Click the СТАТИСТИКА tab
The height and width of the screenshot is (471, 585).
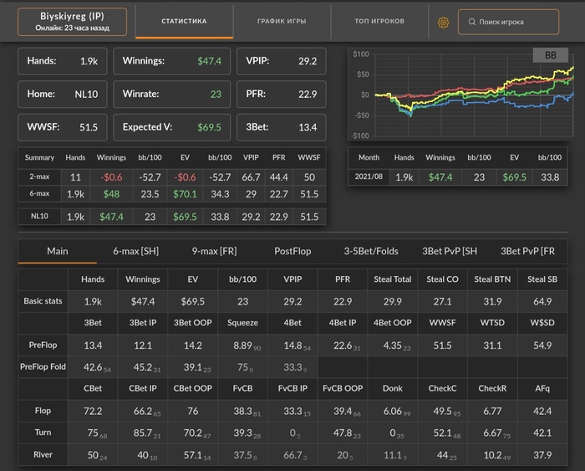click(x=184, y=21)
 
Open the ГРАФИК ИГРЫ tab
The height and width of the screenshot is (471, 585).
click(x=282, y=21)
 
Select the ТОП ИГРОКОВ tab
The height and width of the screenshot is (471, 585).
click(x=379, y=21)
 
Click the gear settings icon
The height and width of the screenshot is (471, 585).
click(x=444, y=22)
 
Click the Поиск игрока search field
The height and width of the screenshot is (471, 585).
click(x=508, y=22)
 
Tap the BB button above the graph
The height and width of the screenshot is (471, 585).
click(x=550, y=55)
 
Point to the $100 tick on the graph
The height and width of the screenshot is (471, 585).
click(x=361, y=54)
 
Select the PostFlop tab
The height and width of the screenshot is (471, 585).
click(x=292, y=251)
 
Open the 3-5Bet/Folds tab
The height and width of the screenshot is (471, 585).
click(x=371, y=251)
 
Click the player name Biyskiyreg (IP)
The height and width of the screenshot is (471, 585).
click(x=72, y=16)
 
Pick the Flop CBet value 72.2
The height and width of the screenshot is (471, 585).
click(x=93, y=412)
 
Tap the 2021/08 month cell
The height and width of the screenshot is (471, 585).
click(x=369, y=177)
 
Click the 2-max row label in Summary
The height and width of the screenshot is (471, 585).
click(x=39, y=177)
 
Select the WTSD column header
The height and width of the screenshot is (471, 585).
click(x=492, y=322)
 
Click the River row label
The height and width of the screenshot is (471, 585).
click(x=43, y=455)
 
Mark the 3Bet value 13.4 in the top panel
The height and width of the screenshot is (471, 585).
click(x=308, y=127)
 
